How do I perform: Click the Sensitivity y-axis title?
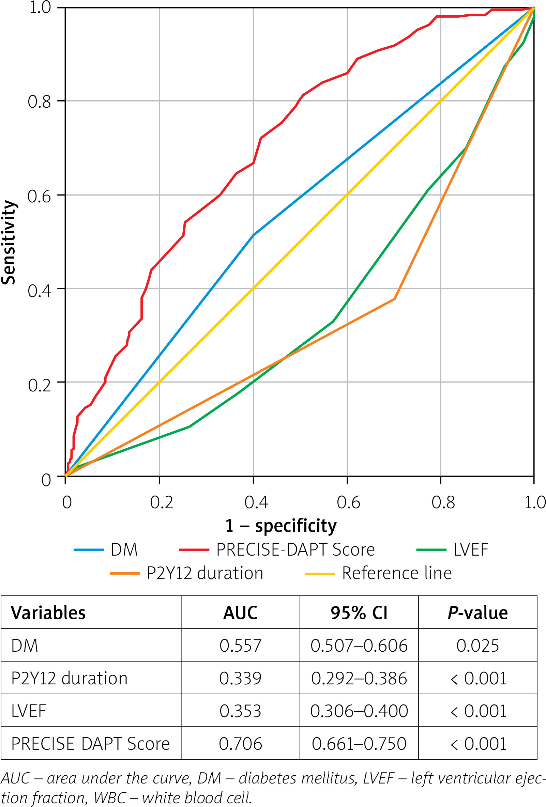(8, 243)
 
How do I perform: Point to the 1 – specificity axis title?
(280, 526)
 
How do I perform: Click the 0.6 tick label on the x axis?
(348, 502)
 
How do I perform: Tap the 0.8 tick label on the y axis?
(39, 102)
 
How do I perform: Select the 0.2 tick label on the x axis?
(161, 502)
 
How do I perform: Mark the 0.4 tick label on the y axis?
(39, 291)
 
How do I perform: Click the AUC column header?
(240, 613)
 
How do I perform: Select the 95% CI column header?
(359, 613)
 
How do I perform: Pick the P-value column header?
(477, 613)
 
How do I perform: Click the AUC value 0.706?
(240, 743)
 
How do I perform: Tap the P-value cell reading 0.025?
(477, 646)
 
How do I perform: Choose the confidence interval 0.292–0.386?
(359, 678)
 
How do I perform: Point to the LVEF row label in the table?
(29, 711)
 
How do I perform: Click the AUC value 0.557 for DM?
(240, 646)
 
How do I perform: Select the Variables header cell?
(48, 613)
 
